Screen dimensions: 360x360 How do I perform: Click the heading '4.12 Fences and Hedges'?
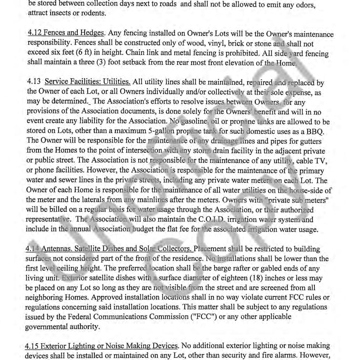66,33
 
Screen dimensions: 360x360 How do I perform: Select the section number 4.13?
34,82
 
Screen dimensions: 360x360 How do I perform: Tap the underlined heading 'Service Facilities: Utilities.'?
88,82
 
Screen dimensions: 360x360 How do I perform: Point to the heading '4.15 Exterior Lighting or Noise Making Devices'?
101,346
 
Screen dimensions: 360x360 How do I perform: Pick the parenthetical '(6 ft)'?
94,52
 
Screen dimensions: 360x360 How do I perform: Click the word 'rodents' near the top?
94,13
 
